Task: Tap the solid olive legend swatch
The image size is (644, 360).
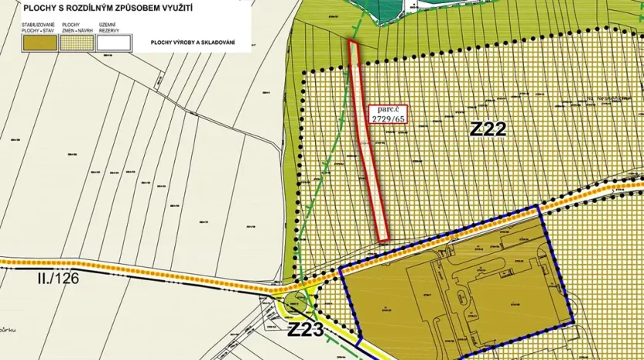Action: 40,43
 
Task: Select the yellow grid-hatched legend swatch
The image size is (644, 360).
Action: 77,43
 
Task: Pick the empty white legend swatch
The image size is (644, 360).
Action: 113,43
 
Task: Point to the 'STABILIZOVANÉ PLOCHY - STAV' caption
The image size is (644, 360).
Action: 38,28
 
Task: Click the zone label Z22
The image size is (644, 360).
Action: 488,129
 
